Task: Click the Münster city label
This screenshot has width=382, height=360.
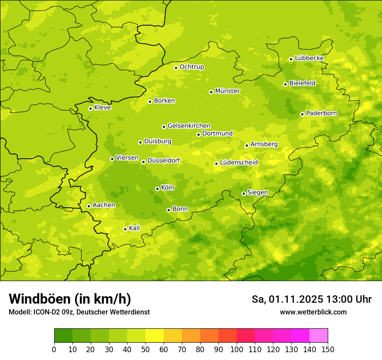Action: (227, 91)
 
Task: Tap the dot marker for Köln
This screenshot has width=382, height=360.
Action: (157, 189)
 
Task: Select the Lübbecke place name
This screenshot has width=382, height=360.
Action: (309, 58)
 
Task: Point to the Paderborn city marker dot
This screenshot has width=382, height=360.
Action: (303, 114)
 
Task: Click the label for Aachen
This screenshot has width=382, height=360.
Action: (104, 205)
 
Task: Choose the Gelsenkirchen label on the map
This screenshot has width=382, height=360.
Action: (189, 126)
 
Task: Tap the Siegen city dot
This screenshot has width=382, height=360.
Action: (244, 193)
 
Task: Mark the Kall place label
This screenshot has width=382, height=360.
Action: (135, 228)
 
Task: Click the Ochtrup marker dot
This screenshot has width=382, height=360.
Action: (176, 68)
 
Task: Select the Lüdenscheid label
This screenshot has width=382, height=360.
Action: (239, 163)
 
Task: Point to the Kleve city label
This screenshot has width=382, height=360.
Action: (102, 108)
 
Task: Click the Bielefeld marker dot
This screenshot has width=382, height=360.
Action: (286, 84)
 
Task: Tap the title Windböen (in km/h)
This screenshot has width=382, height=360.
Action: (70, 299)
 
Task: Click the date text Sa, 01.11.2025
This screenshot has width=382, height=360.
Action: (286, 299)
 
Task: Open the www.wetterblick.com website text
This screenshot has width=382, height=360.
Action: (313, 312)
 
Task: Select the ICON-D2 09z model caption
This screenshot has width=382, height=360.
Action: (79, 312)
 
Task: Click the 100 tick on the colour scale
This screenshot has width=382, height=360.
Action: (237, 349)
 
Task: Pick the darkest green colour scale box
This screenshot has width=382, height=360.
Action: (63, 336)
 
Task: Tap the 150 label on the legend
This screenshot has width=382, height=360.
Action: (328, 349)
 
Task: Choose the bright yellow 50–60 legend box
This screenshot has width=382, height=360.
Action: (155, 336)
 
